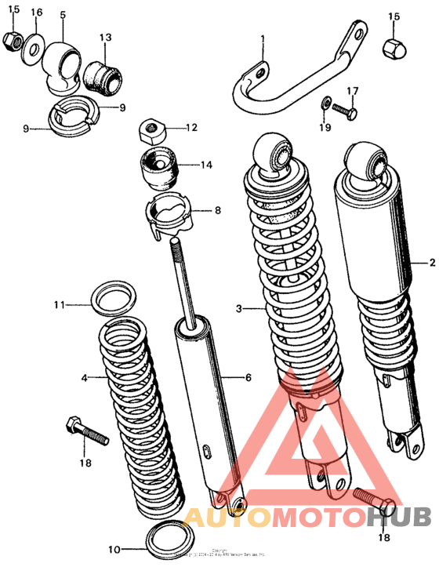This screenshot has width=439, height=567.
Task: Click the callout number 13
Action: click(105, 37)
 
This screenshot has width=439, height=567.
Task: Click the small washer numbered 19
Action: click(325, 103)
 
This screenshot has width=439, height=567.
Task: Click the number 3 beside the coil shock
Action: click(240, 308)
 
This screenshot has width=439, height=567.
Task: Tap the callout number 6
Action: click(248, 378)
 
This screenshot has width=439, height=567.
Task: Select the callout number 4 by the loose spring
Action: click(85, 378)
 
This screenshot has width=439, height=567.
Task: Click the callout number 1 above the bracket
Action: click(263, 39)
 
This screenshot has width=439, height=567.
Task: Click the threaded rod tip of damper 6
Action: click(177, 248)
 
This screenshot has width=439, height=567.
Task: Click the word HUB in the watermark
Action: click(399, 518)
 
